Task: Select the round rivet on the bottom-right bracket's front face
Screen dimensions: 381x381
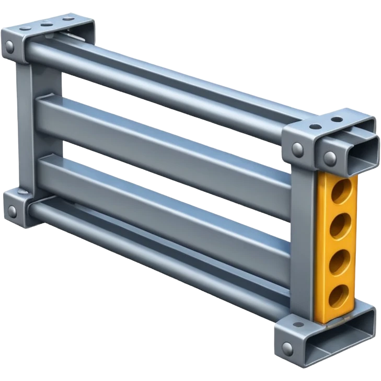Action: tap(286, 347)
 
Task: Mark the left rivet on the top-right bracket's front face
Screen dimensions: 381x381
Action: tap(297, 148)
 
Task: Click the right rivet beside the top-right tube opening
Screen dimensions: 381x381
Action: tap(329, 156)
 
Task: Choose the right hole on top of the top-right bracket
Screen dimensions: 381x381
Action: tap(337, 119)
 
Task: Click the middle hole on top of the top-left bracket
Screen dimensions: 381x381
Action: tap(47, 24)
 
